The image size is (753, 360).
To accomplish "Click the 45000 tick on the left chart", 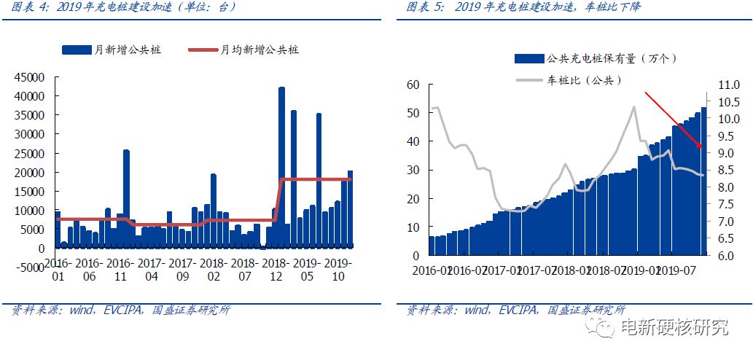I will [30, 77].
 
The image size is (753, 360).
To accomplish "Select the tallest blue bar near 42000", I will [281, 168].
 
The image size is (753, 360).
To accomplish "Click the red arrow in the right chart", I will [674, 120].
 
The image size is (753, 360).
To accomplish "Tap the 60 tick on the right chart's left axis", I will [414, 85].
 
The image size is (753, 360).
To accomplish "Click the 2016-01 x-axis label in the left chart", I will [58, 269].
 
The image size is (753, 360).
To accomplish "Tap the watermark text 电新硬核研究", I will [674, 328].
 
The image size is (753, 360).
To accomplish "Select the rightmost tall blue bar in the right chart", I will [703, 181].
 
